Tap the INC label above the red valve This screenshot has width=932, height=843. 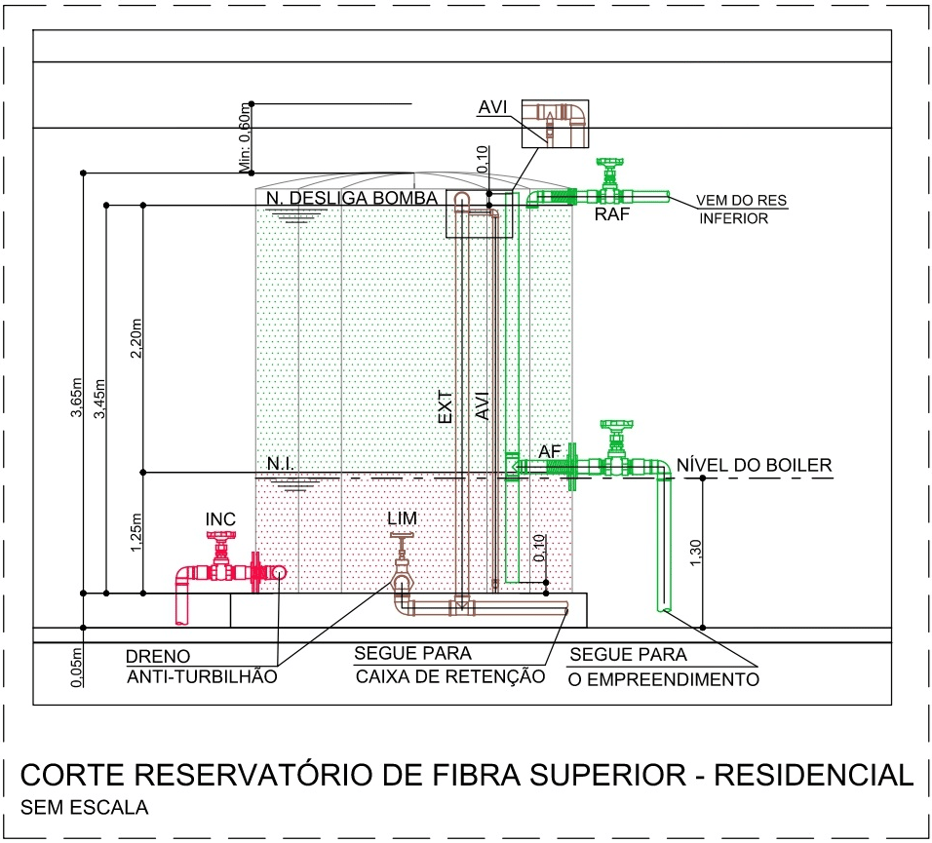(220, 518)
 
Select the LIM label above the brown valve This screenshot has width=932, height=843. (401, 518)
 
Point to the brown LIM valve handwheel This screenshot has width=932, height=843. (401, 538)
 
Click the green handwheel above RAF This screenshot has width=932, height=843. (611, 161)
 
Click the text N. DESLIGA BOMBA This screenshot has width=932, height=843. (352, 198)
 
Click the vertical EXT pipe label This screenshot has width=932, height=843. (445, 406)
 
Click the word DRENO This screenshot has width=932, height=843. (158, 657)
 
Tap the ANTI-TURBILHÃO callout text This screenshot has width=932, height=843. (202, 675)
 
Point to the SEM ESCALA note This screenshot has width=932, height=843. (84, 808)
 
